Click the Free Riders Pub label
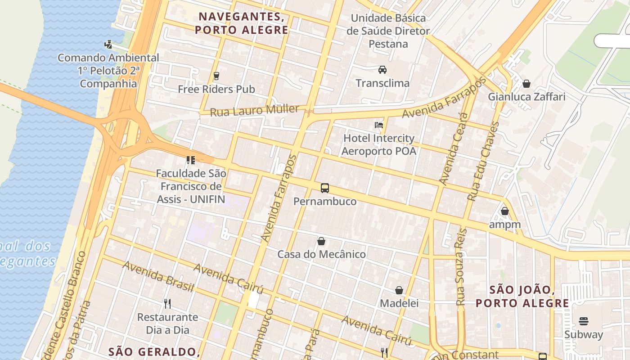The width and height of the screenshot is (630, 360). point(216,89)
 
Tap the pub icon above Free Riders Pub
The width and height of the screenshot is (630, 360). point(216,76)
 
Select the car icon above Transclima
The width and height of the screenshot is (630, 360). point(382,70)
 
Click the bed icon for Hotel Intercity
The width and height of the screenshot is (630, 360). point(379,125)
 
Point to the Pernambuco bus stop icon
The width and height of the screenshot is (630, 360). point(324,188)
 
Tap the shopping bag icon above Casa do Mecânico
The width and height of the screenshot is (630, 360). point(321,241)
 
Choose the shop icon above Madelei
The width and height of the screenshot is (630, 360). point(399,290)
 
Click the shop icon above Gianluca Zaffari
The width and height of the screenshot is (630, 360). point(526,84)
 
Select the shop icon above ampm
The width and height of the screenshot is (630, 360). point(504,211)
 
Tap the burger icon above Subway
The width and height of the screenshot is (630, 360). point(583,321)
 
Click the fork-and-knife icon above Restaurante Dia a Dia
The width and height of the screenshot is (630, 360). point(167,304)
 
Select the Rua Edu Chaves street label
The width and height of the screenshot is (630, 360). point(483,161)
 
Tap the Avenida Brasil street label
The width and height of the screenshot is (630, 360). point(158,276)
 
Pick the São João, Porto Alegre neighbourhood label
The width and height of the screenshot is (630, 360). point(522,296)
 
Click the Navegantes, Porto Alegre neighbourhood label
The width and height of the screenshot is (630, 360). point(241,23)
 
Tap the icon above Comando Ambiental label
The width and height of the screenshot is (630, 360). point(108,45)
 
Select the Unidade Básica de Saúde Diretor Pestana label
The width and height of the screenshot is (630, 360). point(388,31)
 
